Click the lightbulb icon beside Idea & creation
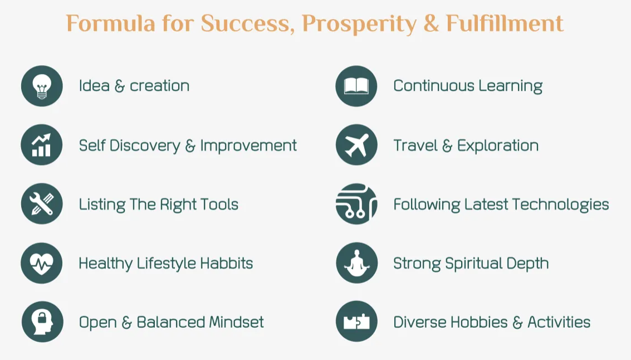point(42,86)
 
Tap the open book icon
point(356,86)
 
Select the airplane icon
point(356,144)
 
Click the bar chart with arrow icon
point(42,144)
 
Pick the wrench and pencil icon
point(42,204)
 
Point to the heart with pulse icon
point(42,263)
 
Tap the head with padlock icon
point(42,322)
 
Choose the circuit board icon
point(356,204)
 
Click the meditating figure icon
point(356,263)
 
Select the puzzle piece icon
point(356,322)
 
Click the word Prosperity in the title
point(359,24)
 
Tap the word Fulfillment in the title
point(505,23)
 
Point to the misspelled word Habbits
point(227,264)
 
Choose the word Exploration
point(498,146)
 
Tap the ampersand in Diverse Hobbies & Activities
point(517,323)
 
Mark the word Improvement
point(248,146)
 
